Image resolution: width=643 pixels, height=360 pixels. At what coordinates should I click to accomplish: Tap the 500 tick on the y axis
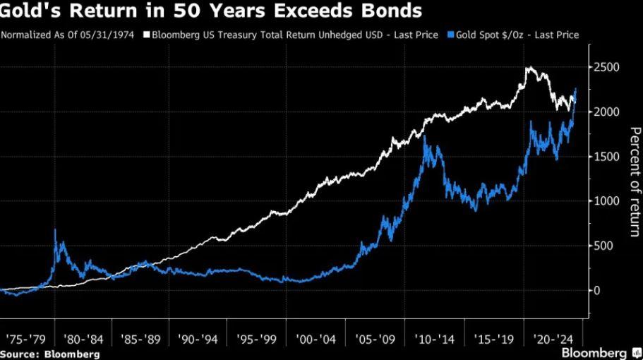tap(608, 246)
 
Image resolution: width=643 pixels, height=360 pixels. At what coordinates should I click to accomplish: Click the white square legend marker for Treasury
tap(147, 35)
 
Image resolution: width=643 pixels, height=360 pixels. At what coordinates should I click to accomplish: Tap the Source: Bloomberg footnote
tap(49, 354)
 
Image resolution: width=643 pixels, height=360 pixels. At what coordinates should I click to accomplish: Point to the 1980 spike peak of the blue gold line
tap(55, 230)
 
